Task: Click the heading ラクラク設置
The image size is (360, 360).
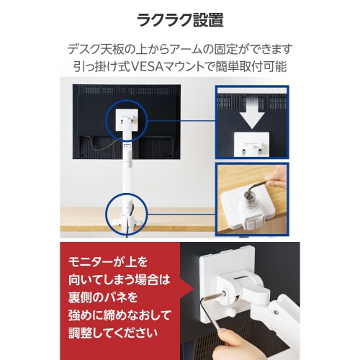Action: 179,20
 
